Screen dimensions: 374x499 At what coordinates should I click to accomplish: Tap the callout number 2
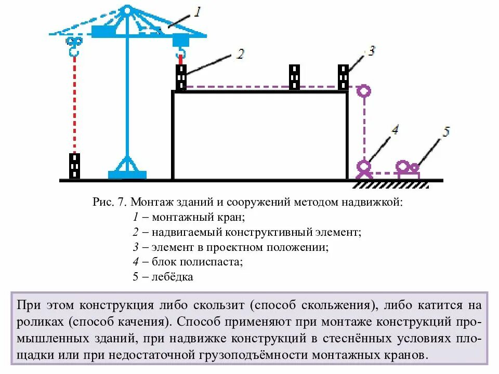pyautogui.click(x=240, y=53)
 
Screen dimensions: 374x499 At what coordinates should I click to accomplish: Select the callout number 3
pyautogui.click(x=370, y=50)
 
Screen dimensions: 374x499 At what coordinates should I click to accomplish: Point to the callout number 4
pyautogui.click(x=395, y=129)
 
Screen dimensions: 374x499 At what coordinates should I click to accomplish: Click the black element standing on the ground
pyautogui.click(x=75, y=166)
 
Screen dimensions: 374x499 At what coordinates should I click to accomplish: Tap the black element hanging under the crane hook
pyautogui.click(x=181, y=77)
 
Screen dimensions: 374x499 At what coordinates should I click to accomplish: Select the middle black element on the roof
pyautogui.click(x=295, y=77)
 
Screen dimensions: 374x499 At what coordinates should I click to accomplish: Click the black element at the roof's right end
pyautogui.click(x=344, y=77)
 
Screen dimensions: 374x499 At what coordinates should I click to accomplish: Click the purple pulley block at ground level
pyautogui.click(x=364, y=168)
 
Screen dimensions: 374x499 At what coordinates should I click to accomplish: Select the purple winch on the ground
pyautogui.click(x=408, y=169)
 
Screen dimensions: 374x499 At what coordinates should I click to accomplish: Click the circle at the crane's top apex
pyautogui.click(x=127, y=10)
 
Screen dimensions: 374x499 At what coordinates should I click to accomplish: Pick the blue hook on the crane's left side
pyautogui.click(x=74, y=46)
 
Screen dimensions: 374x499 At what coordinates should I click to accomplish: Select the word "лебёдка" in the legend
pyautogui.click(x=173, y=277)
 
